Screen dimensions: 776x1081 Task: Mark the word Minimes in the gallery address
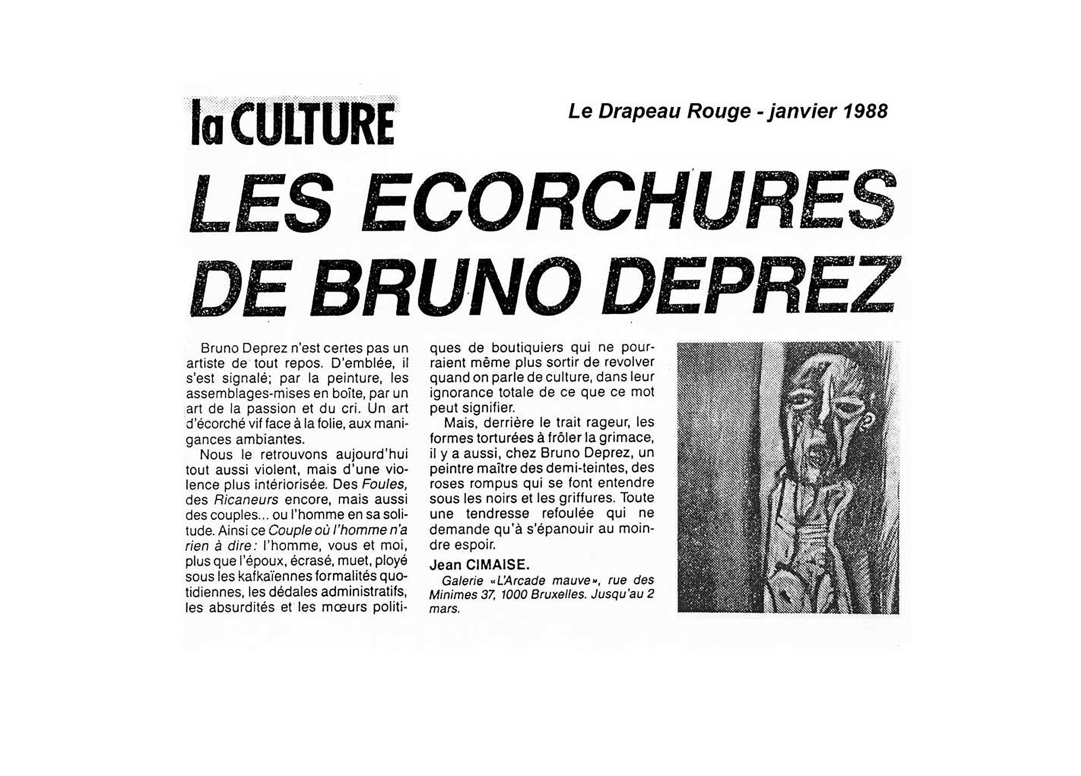(x=449, y=595)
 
